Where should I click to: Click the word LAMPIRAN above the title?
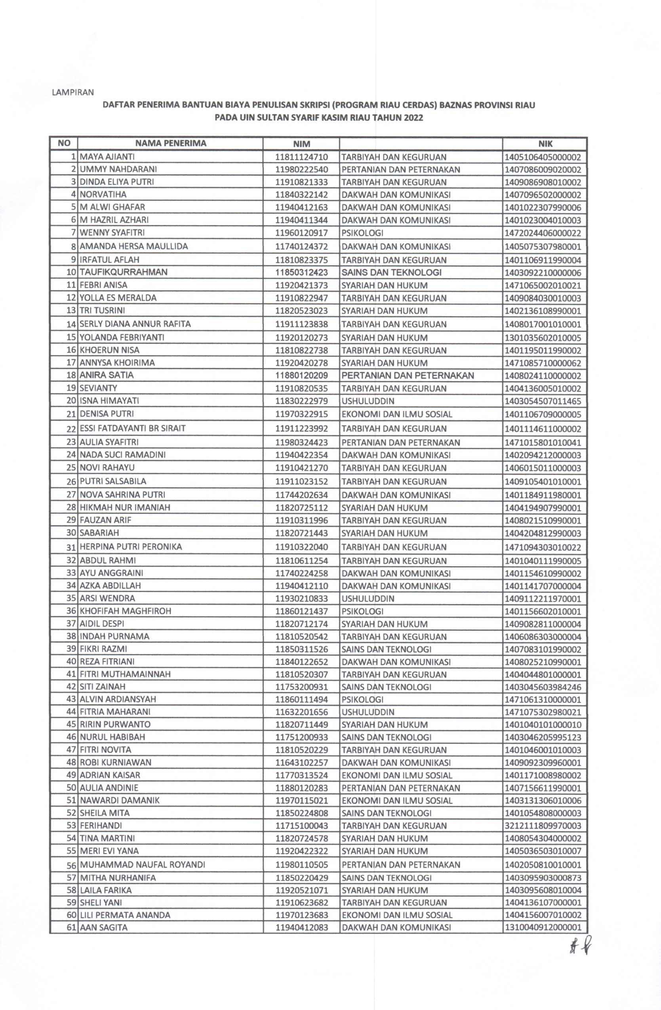(72, 92)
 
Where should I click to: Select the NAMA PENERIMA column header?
(171, 143)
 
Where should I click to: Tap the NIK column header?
(544, 144)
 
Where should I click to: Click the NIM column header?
(301, 144)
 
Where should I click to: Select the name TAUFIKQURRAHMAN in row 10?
(124, 272)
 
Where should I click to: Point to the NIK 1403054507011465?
(543, 401)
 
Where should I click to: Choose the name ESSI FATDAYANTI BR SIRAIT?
(132, 428)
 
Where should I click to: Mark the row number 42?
(71, 687)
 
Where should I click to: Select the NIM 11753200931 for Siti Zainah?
(301, 687)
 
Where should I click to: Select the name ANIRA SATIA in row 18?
(107, 375)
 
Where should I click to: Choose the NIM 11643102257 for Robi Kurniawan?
(301, 763)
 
